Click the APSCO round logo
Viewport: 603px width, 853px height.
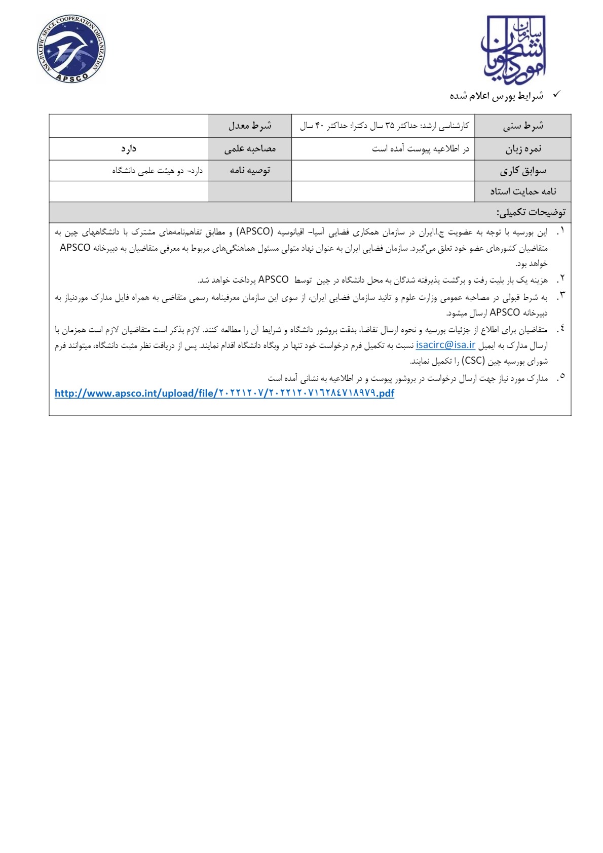tap(71, 49)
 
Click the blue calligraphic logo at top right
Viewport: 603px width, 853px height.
tap(513, 50)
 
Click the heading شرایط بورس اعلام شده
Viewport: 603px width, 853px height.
tap(496, 96)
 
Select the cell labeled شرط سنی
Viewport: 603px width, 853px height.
tap(522, 126)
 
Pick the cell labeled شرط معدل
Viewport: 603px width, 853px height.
tap(250, 126)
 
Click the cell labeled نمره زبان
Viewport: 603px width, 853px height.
tap(522, 149)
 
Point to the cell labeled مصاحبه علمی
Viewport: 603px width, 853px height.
tap(250, 149)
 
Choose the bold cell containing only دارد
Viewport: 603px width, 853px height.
tap(129, 149)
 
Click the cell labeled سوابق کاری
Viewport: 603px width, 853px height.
tap(522, 171)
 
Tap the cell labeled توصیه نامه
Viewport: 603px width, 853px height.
tap(250, 171)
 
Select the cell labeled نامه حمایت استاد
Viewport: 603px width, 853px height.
tap(522, 191)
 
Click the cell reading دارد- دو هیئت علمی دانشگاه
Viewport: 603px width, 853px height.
tap(157, 171)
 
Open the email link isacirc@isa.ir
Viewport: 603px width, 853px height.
tap(445, 345)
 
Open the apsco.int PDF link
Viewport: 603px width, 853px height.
tap(224, 393)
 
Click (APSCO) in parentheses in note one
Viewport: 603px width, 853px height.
tap(254, 232)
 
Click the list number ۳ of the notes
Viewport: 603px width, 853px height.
tap(561, 295)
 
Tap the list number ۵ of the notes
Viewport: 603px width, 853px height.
tap(561, 377)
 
